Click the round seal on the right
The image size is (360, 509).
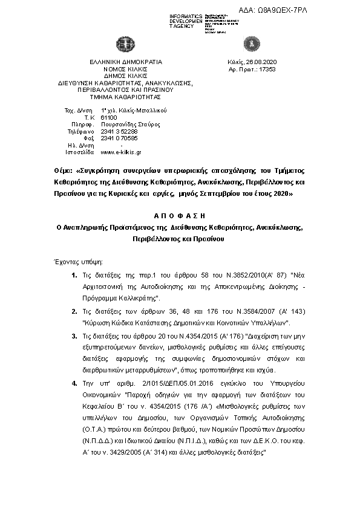[x=248, y=44]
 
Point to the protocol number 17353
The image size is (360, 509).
[x=267, y=70]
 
